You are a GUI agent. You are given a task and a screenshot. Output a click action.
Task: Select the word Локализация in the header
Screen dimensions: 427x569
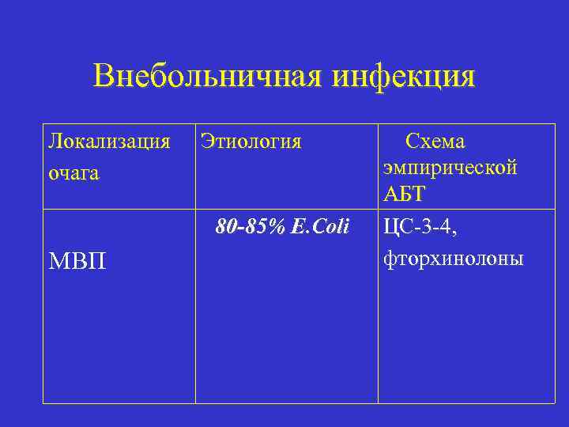pos(109,142)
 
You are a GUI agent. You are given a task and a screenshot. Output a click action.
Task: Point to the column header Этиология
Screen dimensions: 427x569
pos(251,142)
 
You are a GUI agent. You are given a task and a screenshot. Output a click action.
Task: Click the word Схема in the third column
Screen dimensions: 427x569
pos(435,142)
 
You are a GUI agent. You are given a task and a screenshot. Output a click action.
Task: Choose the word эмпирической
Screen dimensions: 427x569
pos(450,168)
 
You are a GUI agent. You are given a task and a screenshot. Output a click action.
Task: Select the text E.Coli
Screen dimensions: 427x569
pos(319,228)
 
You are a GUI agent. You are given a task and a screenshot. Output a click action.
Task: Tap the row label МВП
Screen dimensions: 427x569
pos(77,259)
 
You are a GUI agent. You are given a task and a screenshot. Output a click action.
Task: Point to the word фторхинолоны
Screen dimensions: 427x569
pos(453,258)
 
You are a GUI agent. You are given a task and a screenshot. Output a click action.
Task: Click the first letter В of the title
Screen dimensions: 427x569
pos(103,77)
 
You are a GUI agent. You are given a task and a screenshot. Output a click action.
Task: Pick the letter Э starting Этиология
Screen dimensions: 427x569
pos(206,142)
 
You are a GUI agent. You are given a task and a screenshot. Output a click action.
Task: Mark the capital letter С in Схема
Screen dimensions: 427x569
pos(411,142)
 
